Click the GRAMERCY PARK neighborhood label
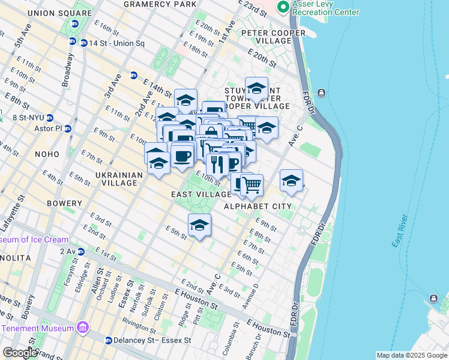click(160, 4)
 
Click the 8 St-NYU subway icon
click(50, 118)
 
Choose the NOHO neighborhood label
click(47, 154)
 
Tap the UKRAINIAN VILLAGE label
click(118, 175)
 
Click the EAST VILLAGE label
click(201, 194)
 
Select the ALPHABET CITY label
click(258, 206)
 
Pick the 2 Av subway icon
click(77, 251)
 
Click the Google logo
click(20, 353)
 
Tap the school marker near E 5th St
click(199, 226)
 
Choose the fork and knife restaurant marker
click(217, 163)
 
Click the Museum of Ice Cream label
click(34, 239)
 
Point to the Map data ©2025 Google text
click(411, 355)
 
